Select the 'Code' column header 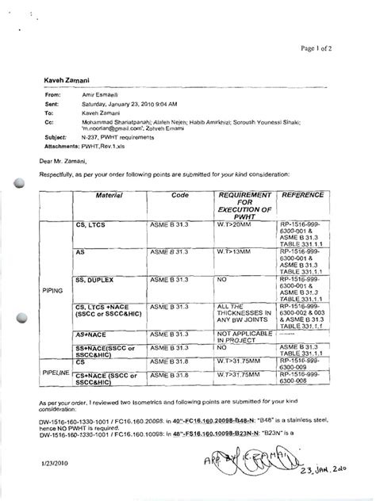click(x=180, y=193)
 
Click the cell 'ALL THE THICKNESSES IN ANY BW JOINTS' click(x=238, y=316)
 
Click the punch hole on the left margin click(x=18, y=183)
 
